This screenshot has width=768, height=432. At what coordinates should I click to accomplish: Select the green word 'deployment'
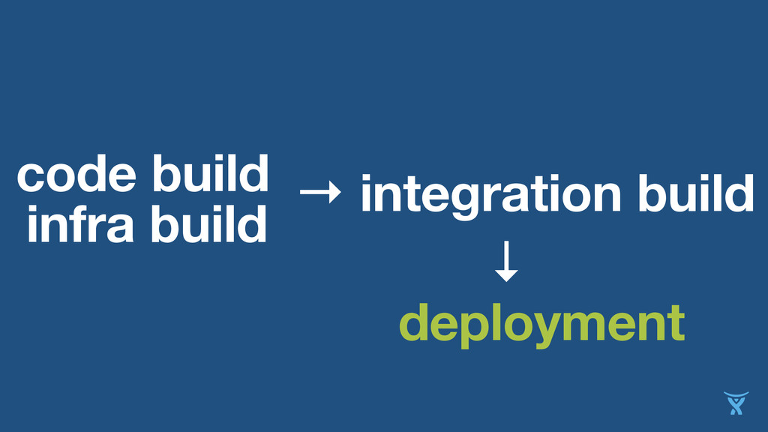coord(541,325)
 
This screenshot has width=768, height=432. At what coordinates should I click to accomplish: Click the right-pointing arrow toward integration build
coord(319,195)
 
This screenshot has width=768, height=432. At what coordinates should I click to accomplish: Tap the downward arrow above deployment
coord(507,262)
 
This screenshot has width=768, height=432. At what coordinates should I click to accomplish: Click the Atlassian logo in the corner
coord(736,403)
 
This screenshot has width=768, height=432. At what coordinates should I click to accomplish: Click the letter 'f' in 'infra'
coord(87,223)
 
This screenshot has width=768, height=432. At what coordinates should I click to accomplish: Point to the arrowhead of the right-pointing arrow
coord(334,195)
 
